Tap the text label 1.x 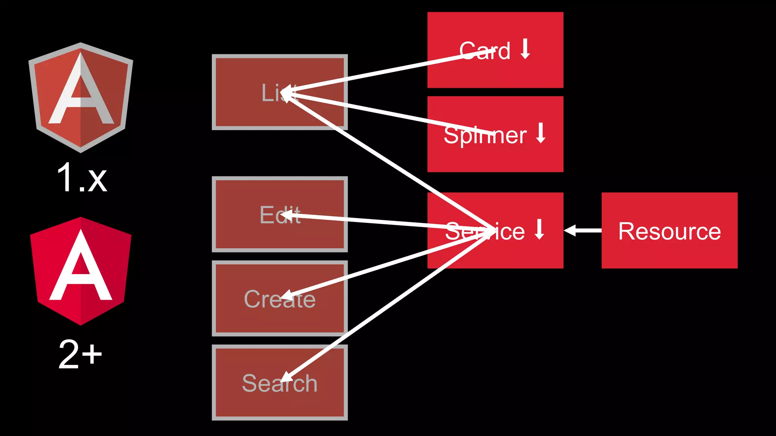(81, 178)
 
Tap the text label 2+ (80, 354)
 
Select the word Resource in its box (669, 231)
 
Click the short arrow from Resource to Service (582, 230)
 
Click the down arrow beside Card (525, 49)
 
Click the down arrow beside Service (539, 229)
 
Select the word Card (485, 51)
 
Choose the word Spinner (485, 135)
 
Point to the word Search (279, 383)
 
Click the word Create (279, 299)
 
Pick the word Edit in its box (280, 215)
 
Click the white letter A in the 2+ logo (81, 269)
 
